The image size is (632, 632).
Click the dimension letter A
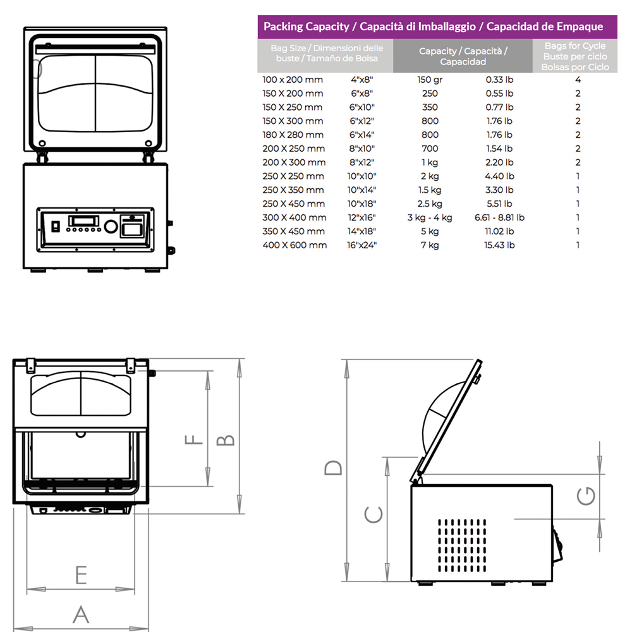tap(80, 614)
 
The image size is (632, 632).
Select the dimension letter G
tap(586, 496)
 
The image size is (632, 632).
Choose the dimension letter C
tap(374, 515)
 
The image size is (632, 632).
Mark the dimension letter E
tap(80, 575)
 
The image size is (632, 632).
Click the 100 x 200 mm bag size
tap(292, 80)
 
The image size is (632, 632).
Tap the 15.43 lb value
tap(499, 245)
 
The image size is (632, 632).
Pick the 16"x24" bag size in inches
tap(363, 245)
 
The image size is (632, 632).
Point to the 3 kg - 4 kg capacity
tap(429, 217)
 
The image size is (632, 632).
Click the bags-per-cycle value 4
tap(578, 80)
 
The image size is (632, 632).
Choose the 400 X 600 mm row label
tap(295, 245)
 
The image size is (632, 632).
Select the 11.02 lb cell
tap(499, 231)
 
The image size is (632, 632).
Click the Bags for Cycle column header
tap(575, 56)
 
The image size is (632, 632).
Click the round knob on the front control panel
tap(110, 227)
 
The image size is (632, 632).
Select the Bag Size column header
tap(326, 53)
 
